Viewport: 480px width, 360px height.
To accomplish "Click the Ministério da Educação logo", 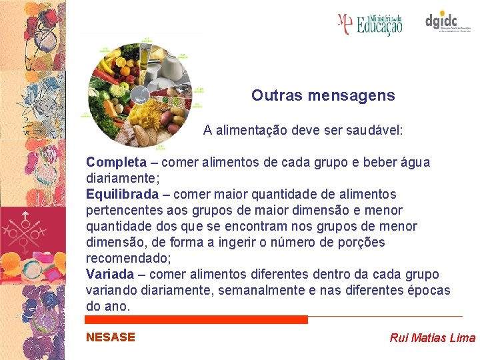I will coord(370,24).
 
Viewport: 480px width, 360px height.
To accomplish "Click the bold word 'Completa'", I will coord(116,162).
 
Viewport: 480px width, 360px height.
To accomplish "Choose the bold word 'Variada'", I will coord(110,274).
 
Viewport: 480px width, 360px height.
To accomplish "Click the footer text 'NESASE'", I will coord(111,337).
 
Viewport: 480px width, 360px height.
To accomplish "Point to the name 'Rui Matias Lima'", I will coord(432,337).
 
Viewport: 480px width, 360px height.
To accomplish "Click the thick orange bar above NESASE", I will coord(197,320).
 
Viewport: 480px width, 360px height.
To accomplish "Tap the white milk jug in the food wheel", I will coord(171,67).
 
